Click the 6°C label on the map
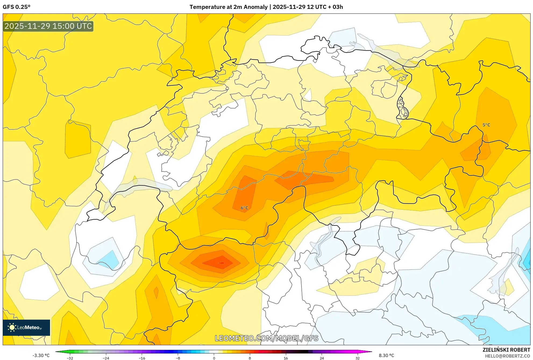click(x=244, y=208)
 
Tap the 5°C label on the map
click(x=486, y=125)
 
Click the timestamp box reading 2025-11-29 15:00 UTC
click(x=48, y=26)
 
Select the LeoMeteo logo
click(x=26, y=327)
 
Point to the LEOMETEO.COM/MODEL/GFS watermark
click(x=266, y=338)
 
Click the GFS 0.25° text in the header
click(x=17, y=7)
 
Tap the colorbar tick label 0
click(x=214, y=358)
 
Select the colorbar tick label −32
click(x=70, y=358)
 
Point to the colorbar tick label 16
click(x=286, y=358)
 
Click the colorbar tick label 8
click(x=250, y=358)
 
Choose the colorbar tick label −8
click(x=178, y=358)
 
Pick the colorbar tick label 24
click(x=322, y=358)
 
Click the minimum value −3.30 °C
click(x=41, y=355)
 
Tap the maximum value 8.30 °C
click(x=386, y=355)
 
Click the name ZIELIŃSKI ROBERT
click(x=506, y=350)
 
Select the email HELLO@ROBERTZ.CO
click(x=507, y=356)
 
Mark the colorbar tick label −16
click(x=142, y=358)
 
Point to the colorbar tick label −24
click(x=106, y=358)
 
